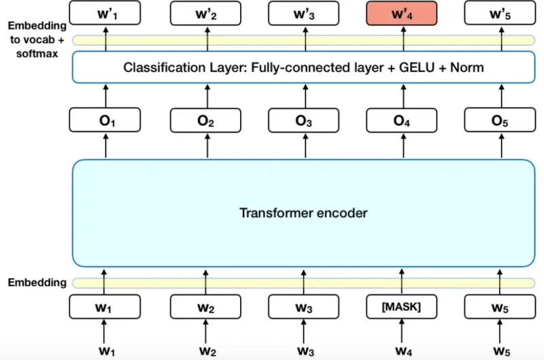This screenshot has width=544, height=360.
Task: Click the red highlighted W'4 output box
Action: (402, 13)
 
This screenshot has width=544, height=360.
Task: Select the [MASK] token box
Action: (402, 306)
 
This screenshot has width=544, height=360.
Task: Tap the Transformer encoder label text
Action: (303, 213)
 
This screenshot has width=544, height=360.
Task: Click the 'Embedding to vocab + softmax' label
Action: (37, 38)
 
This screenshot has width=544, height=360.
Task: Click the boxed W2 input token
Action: (205, 306)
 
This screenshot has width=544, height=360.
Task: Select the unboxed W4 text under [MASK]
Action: (402, 351)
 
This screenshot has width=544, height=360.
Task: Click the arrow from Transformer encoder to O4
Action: (402, 146)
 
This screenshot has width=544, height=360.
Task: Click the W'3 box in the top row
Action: (303, 13)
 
